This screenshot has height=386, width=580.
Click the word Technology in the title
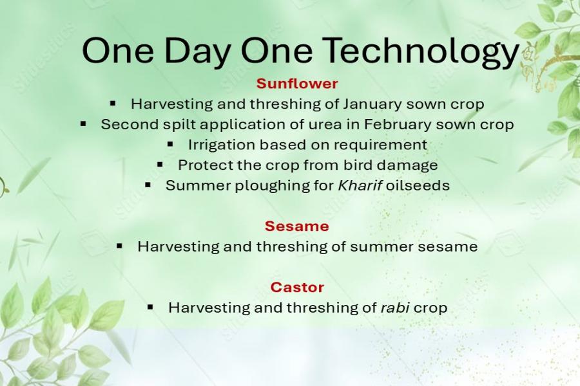click(x=421, y=51)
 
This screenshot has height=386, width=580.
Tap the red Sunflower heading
click(x=297, y=84)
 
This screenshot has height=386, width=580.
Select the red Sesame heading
click(x=296, y=226)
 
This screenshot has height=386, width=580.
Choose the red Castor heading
click(x=297, y=287)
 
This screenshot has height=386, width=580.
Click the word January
click(x=372, y=104)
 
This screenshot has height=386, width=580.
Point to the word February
click(x=398, y=125)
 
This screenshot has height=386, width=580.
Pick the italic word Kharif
click(x=360, y=185)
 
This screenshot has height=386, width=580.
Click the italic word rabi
click(x=395, y=308)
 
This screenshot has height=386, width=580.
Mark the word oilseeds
click(x=418, y=185)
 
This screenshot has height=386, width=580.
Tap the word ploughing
click(x=272, y=186)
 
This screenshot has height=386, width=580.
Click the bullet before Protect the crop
click(x=160, y=165)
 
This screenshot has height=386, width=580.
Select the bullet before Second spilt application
click(x=83, y=124)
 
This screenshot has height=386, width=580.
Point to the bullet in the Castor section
click(x=150, y=307)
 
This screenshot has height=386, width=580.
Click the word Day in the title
click(x=198, y=51)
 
